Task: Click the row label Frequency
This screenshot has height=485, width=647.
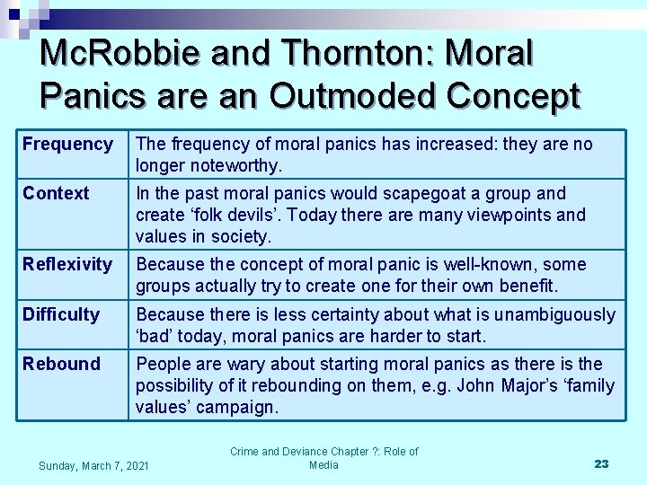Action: pyautogui.click(x=67, y=144)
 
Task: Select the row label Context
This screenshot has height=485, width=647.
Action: pyautogui.click(x=56, y=193)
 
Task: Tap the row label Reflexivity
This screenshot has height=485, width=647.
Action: pyautogui.click(x=67, y=264)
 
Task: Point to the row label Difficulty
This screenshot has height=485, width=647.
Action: pyautogui.click(x=61, y=314)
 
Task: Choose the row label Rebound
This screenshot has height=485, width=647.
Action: pyautogui.click(x=61, y=364)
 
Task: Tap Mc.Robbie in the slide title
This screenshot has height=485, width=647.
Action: pyautogui.click(x=121, y=54)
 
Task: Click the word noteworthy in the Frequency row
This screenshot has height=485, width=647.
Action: pyautogui.click(x=236, y=165)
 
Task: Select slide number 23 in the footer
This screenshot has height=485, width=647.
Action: pyautogui.click(x=601, y=463)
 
